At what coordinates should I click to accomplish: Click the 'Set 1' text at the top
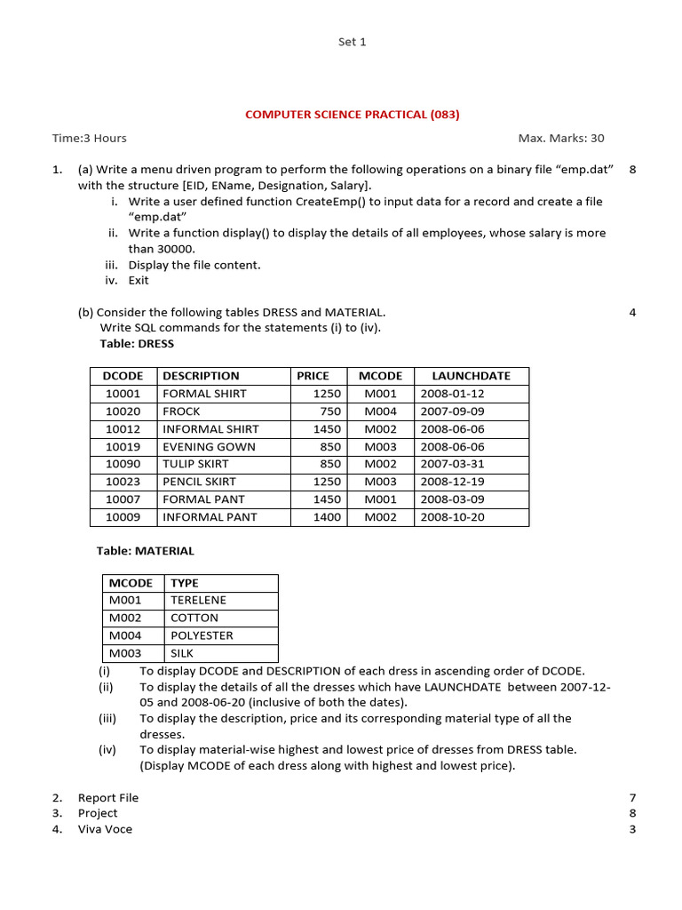352,42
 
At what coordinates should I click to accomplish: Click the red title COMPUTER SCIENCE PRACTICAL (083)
352,115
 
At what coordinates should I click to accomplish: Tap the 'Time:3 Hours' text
89,138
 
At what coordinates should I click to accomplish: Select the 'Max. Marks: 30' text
560,138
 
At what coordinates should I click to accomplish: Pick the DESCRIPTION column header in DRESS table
201,376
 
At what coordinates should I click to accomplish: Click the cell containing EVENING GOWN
209,447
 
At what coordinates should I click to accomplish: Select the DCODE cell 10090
123,464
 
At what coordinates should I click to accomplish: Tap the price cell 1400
327,517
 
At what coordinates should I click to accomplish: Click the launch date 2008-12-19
452,482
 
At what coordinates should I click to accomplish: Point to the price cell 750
330,411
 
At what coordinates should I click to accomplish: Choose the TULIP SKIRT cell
195,464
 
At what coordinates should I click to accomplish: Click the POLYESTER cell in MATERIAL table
202,635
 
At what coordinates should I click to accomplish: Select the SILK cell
182,653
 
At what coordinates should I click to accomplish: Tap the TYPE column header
185,583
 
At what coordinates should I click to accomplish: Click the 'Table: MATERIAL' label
145,551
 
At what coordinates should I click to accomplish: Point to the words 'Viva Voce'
105,829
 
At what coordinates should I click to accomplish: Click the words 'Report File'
108,798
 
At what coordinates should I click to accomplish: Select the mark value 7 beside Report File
632,798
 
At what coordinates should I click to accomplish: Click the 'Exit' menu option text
139,281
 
